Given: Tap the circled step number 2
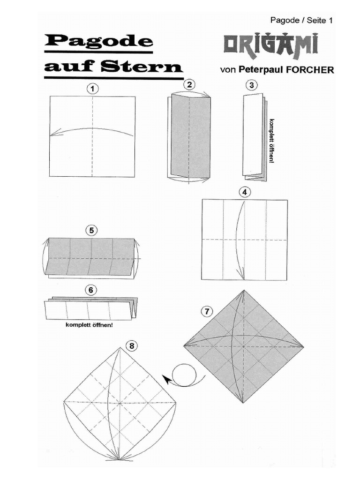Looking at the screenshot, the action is point(189,84).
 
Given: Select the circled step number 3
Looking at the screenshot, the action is point(252,85).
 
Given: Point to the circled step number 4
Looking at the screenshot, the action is point(244,191).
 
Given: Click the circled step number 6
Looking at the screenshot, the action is point(92,290).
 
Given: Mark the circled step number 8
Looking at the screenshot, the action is point(132,346).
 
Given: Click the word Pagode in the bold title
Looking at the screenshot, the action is point(99,42).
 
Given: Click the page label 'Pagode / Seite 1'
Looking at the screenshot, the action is point(301,20).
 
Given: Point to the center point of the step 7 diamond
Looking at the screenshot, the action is point(244,346).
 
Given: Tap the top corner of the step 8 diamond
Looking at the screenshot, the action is point(120,348).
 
